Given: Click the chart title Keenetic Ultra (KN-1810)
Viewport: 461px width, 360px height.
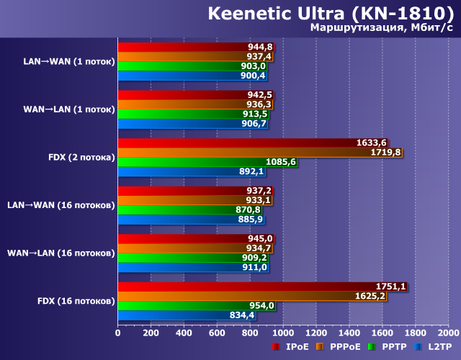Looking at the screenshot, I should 331,14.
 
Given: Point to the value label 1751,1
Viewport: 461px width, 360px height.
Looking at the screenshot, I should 391,287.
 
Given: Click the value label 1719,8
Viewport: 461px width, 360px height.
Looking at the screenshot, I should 386,153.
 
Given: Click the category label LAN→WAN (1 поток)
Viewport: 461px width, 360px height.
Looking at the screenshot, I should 68,61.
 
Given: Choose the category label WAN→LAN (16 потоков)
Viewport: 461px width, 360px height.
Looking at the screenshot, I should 61,253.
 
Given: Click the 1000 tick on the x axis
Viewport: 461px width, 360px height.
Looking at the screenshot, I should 283,333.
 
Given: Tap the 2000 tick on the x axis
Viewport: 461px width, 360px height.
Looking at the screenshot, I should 448,333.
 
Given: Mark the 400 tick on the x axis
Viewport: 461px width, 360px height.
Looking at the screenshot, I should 184,333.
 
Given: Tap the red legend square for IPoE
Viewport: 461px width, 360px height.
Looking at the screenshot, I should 275,347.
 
